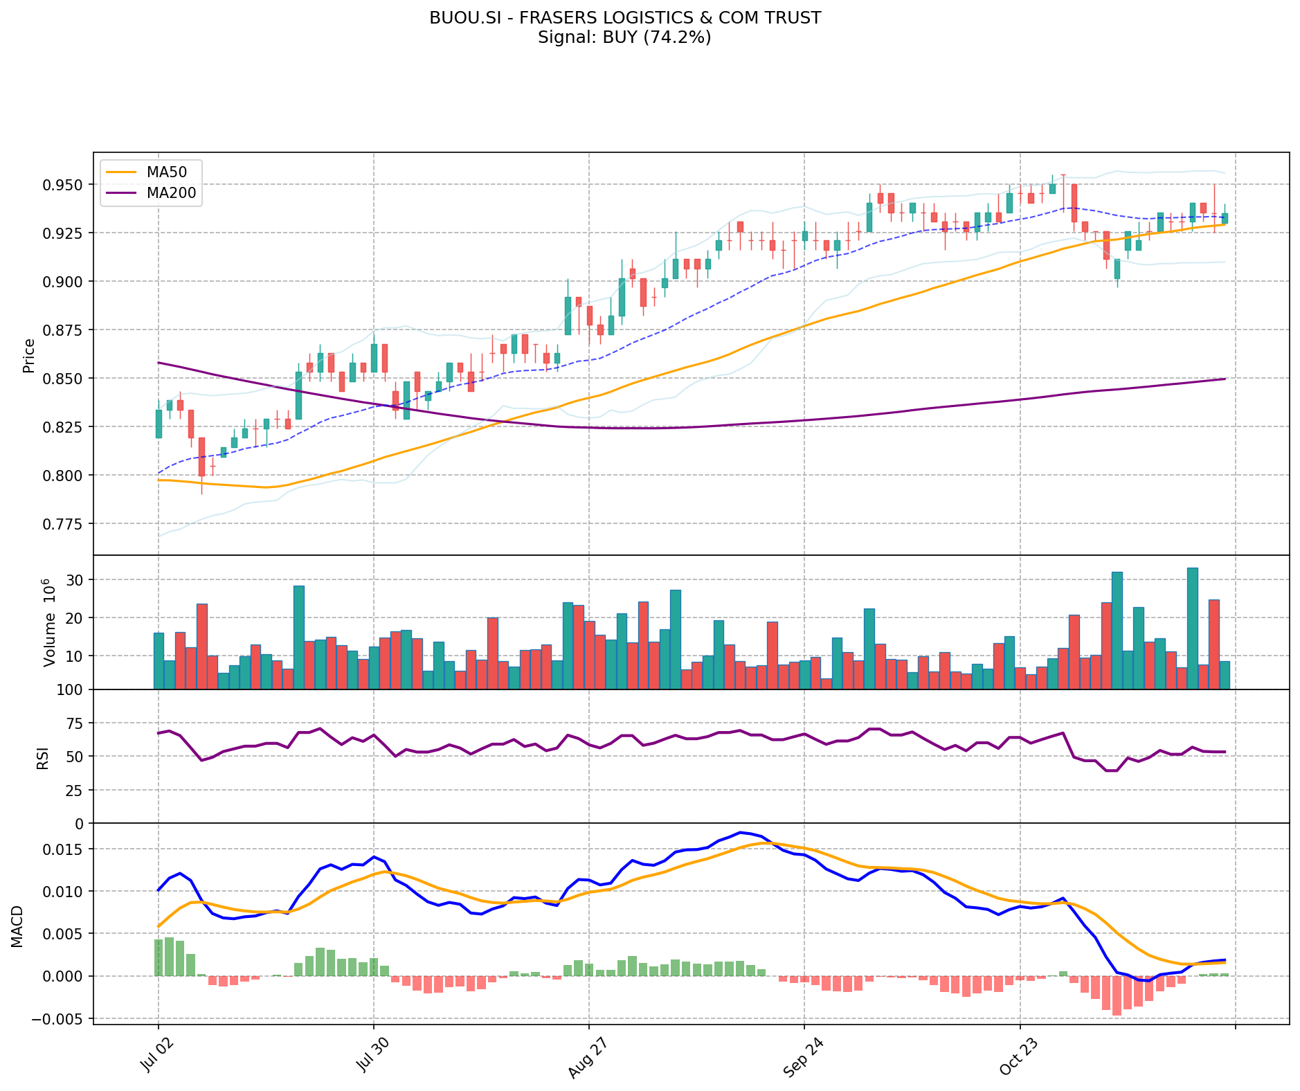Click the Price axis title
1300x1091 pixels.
click(29, 355)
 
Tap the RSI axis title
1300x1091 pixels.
click(43, 757)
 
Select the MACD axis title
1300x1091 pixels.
click(17, 926)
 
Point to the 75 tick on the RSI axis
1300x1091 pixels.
click(75, 723)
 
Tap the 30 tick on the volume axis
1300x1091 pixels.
click(75, 580)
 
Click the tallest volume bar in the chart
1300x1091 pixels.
click(1192, 628)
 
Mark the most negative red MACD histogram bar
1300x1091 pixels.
click(1117, 995)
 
